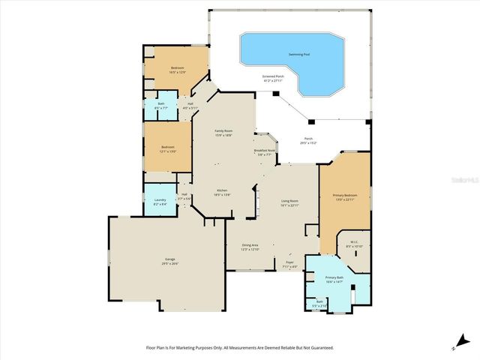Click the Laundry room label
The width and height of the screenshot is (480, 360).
(159, 201)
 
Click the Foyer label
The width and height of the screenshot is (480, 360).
(289, 264)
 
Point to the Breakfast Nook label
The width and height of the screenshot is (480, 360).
(266, 152)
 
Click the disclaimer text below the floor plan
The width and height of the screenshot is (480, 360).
(239, 348)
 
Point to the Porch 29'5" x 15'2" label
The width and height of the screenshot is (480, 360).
(308, 140)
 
